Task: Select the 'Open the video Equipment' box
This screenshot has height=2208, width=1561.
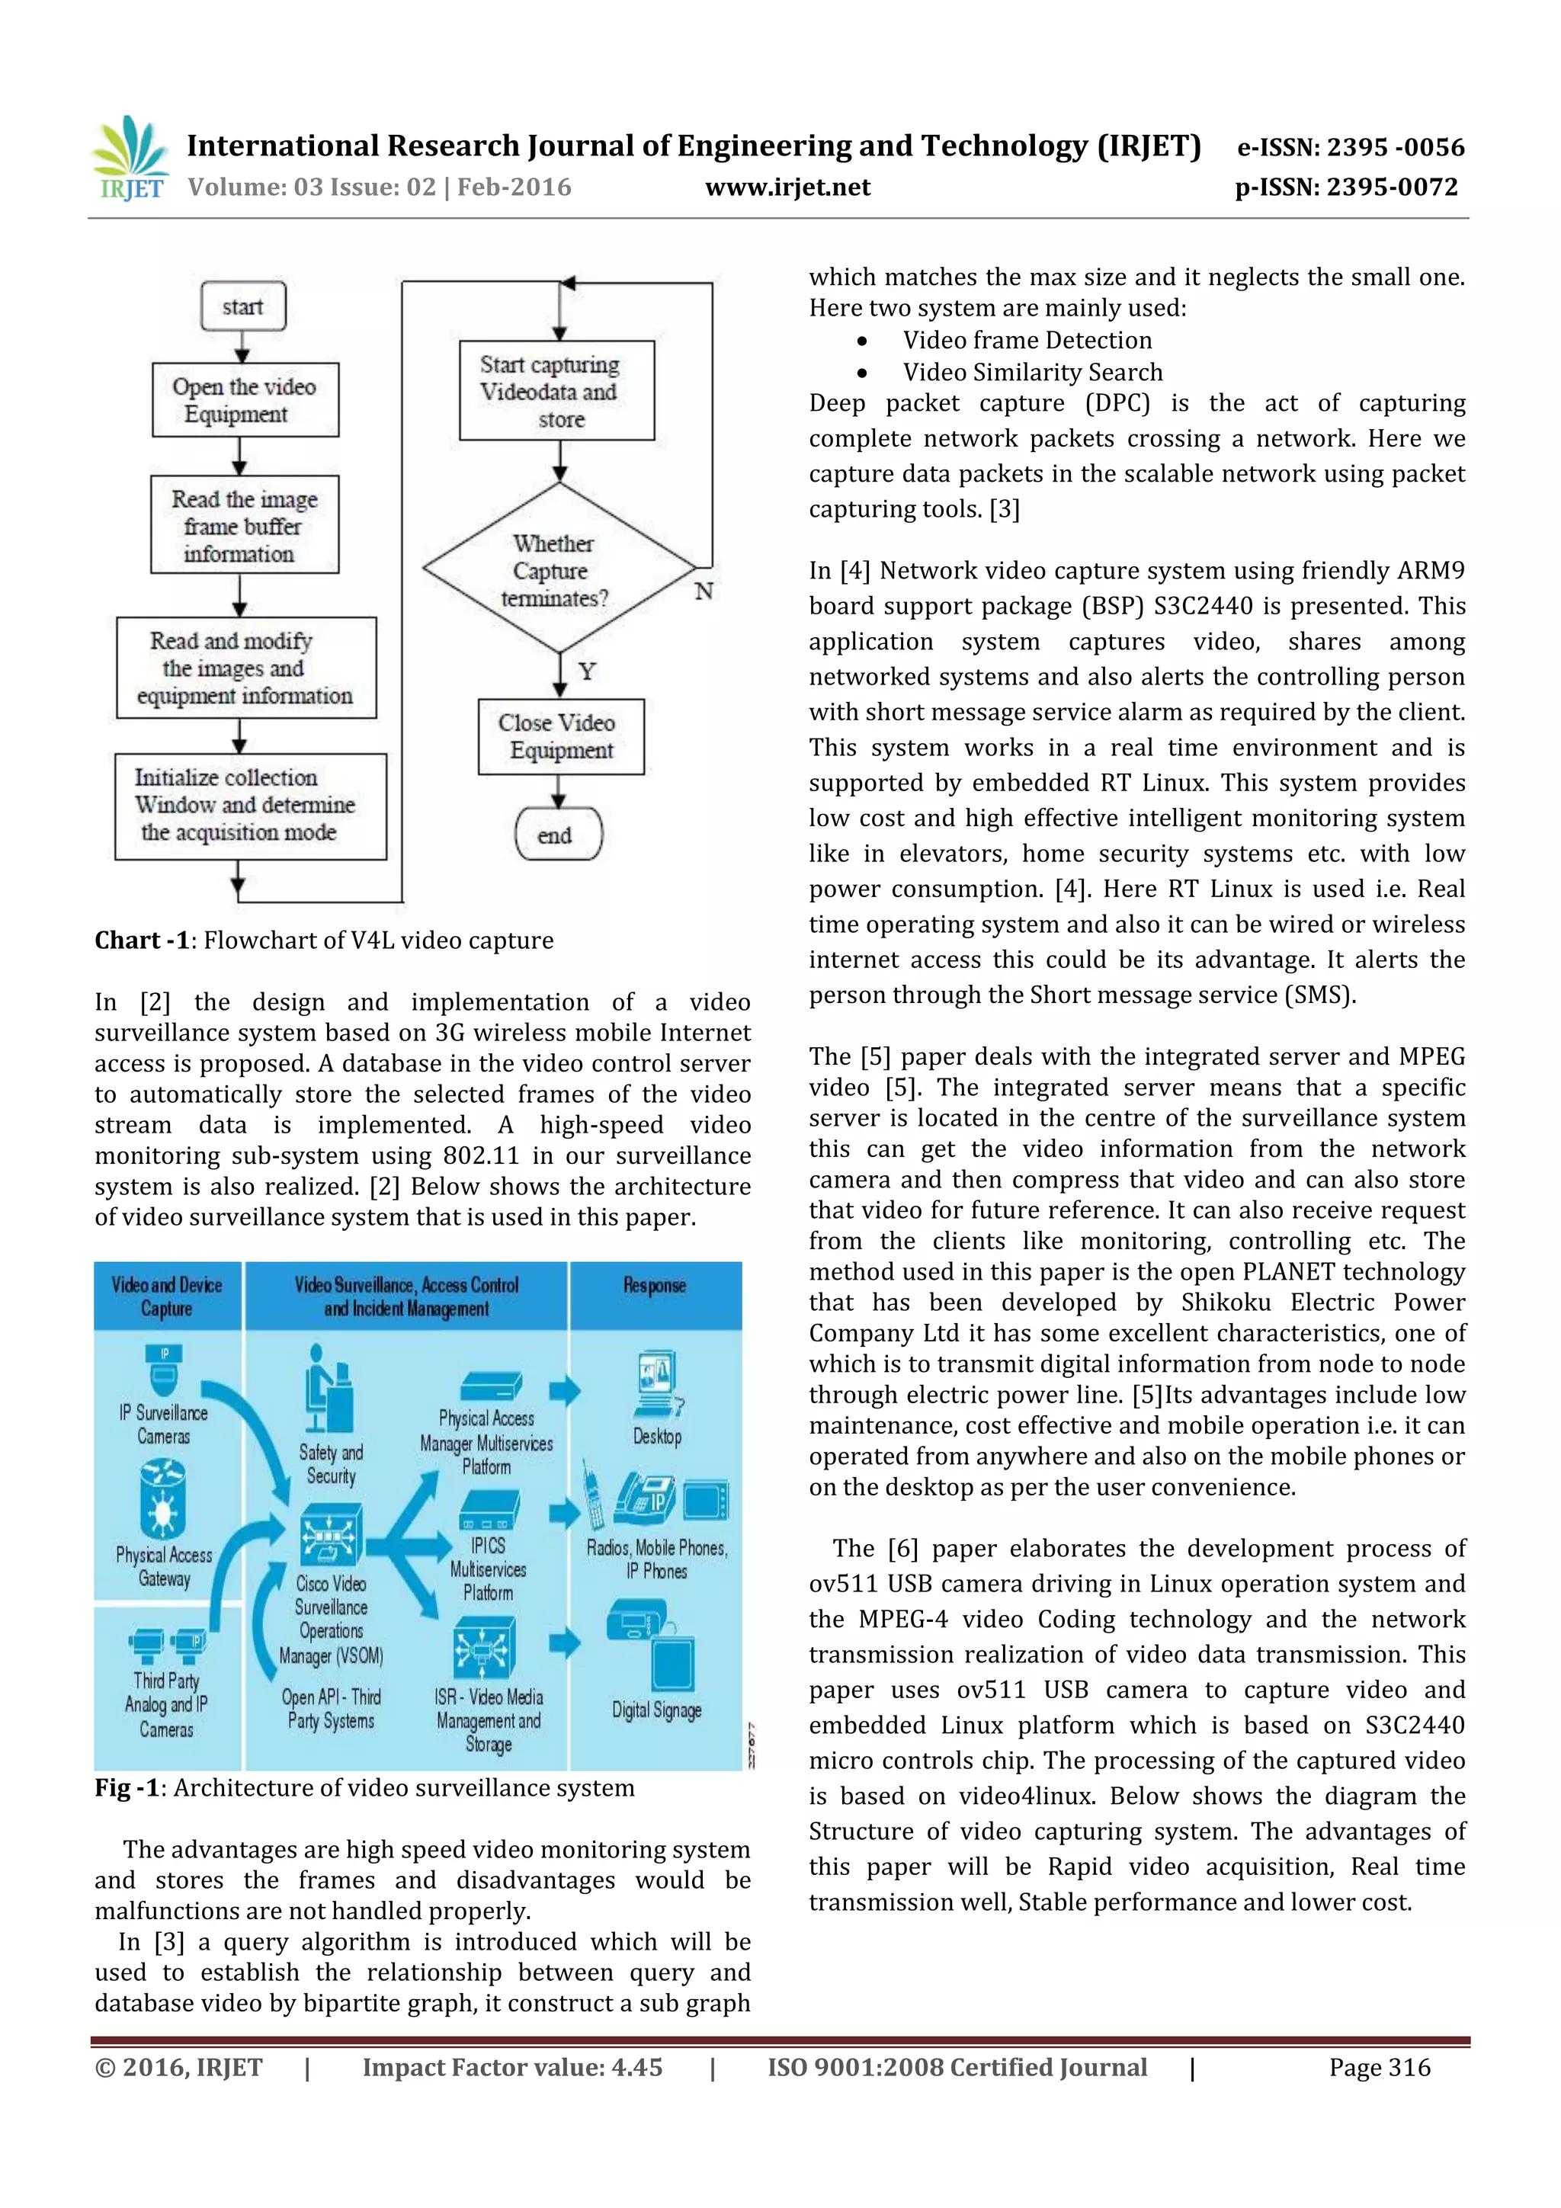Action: pyautogui.click(x=245, y=400)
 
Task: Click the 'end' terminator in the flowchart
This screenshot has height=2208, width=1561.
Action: pyautogui.click(x=558, y=834)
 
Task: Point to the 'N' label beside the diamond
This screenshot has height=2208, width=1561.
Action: pyautogui.click(x=704, y=591)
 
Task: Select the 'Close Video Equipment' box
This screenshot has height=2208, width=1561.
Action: pyautogui.click(x=561, y=737)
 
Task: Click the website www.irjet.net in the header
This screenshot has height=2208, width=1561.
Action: pyautogui.click(x=787, y=187)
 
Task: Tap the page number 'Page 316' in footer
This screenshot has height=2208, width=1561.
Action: pyautogui.click(x=1380, y=2067)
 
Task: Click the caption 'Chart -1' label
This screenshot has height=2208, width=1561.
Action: pyautogui.click(x=140, y=941)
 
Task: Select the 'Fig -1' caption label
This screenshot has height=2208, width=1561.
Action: pyautogui.click(x=126, y=1788)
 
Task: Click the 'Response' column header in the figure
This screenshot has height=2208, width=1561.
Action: pyautogui.click(x=654, y=1286)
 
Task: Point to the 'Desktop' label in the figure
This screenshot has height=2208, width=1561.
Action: pyautogui.click(x=657, y=1437)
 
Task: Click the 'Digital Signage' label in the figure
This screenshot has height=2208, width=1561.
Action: pyautogui.click(x=657, y=1710)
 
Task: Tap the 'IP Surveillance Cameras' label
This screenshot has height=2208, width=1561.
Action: pyautogui.click(x=164, y=1424)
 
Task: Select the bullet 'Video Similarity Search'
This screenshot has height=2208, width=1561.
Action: pyautogui.click(x=1032, y=372)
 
